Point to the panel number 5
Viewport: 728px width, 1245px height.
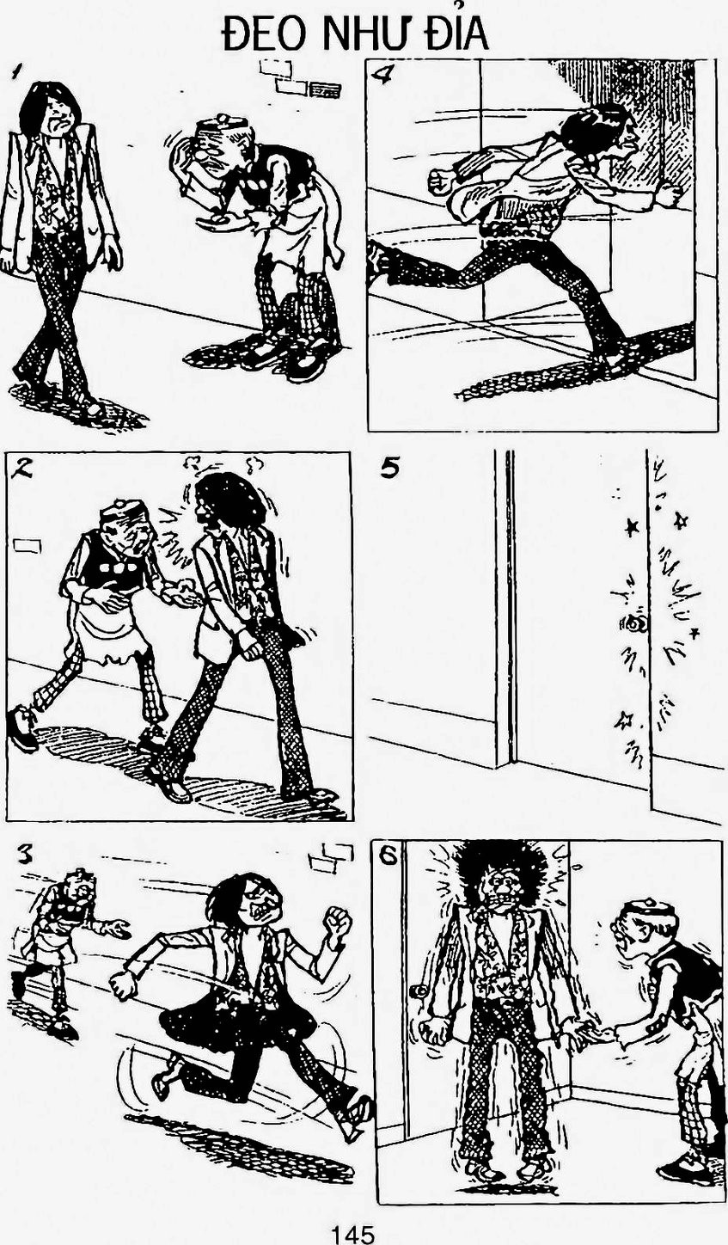[389, 469]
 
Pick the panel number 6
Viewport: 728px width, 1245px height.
[388, 856]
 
